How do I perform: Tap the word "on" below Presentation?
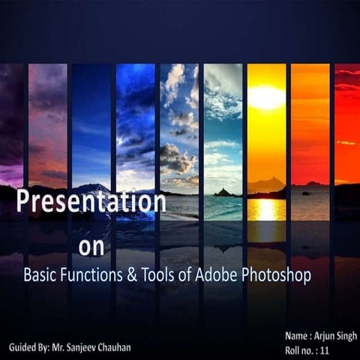pyautogui.click(x=92, y=247)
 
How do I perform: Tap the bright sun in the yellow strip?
pyautogui.click(x=266, y=97)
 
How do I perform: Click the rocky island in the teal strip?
pyautogui.click(x=223, y=193)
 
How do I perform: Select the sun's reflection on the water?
pyautogui.click(x=265, y=209)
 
